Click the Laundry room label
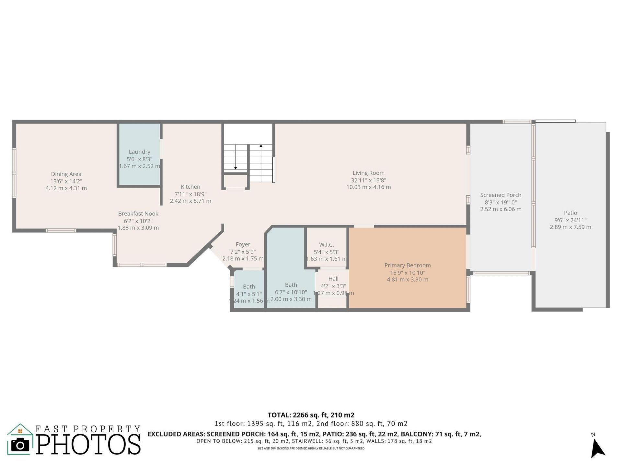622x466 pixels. (x=139, y=152)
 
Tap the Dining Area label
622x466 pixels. (x=66, y=174)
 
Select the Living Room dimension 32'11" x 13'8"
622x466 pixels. (x=368, y=180)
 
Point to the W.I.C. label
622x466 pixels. (x=326, y=245)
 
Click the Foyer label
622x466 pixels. (x=243, y=245)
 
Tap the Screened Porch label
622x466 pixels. (x=501, y=195)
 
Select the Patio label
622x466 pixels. (x=570, y=213)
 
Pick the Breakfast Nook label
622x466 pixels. (x=138, y=214)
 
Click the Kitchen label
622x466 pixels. (x=190, y=187)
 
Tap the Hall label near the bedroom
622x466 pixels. (x=333, y=279)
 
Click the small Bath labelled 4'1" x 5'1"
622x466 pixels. (x=249, y=287)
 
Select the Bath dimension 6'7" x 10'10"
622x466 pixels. (x=291, y=292)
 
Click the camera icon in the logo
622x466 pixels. (x=20, y=445)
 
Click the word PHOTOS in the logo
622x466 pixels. (x=88, y=444)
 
